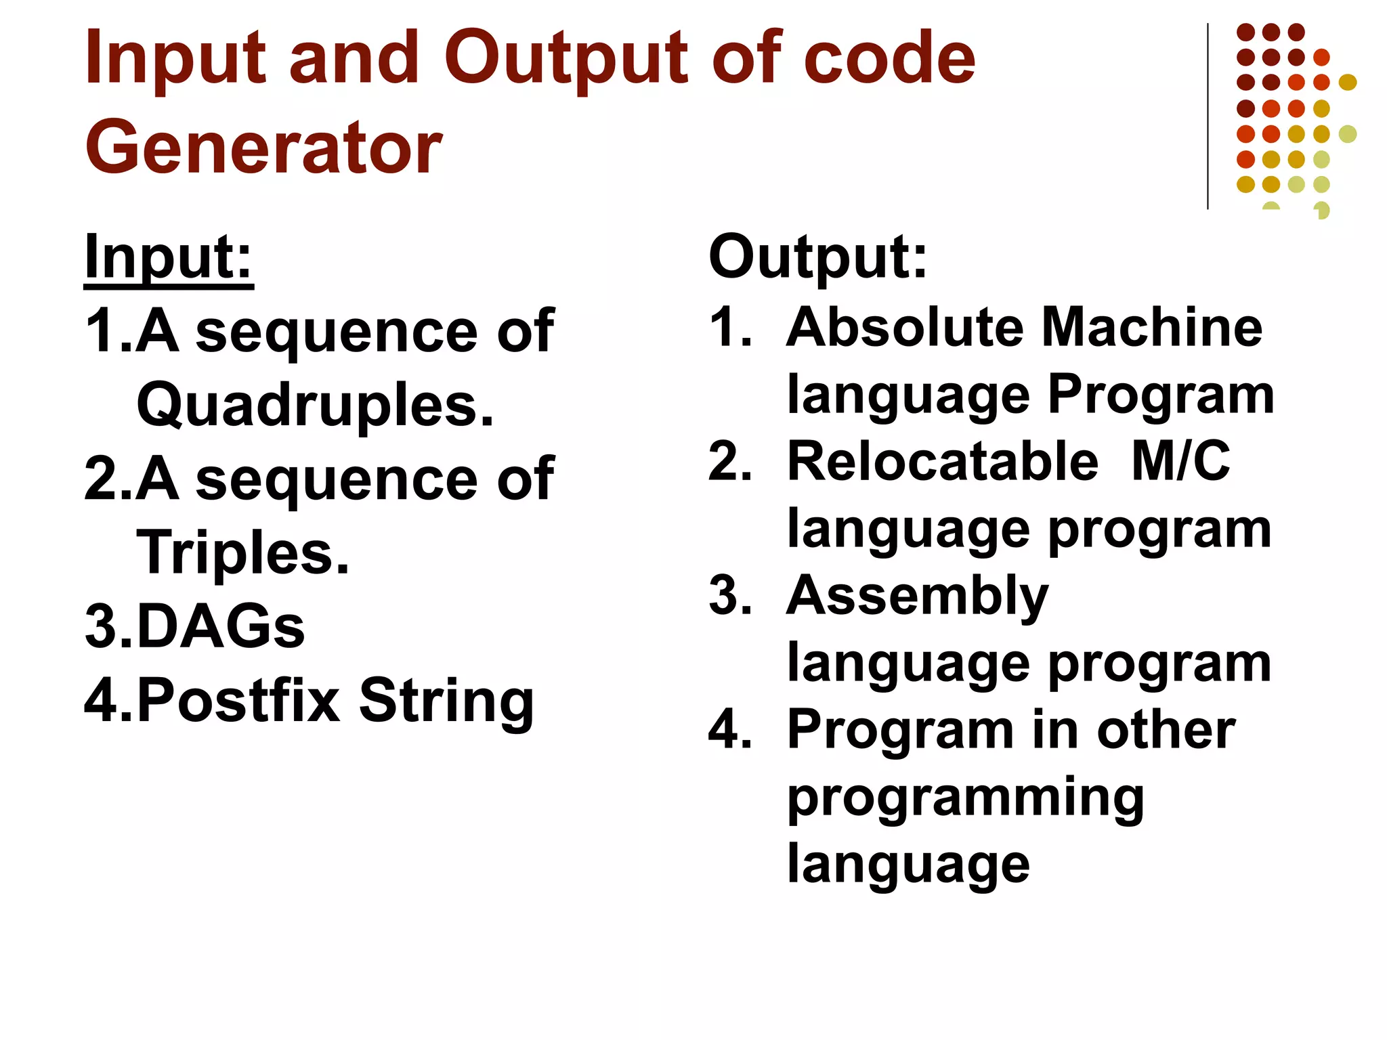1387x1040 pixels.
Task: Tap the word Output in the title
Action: click(x=565, y=59)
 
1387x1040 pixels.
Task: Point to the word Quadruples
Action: click(x=315, y=406)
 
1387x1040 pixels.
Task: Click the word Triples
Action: click(x=242, y=553)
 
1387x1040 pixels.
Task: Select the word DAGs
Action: click(x=221, y=626)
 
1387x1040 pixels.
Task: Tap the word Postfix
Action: click(x=238, y=701)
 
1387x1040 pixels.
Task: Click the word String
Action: click(x=446, y=701)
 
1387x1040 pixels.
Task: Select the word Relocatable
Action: click(x=942, y=462)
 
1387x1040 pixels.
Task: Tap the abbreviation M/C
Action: click(x=1180, y=462)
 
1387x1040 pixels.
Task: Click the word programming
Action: click(x=965, y=799)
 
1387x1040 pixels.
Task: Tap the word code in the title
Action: click(x=889, y=59)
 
